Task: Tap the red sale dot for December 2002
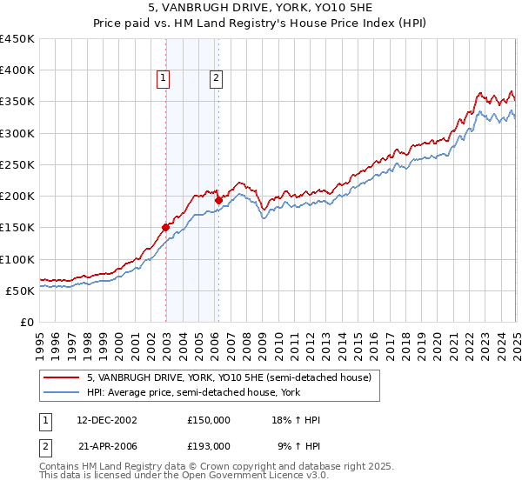[x=165, y=228]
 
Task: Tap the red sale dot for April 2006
[x=218, y=201]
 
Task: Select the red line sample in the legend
[x=63, y=377]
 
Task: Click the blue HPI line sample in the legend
[x=63, y=392]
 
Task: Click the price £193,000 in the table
[x=209, y=445]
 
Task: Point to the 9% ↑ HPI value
[x=298, y=445]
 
